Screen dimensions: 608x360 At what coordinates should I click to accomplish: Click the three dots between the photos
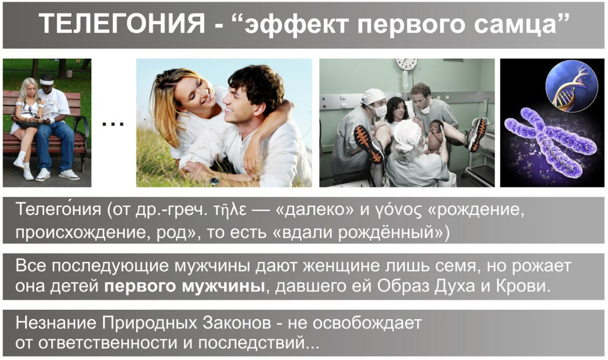(x=113, y=124)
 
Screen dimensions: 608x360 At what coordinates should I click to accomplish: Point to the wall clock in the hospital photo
(x=406, y=64)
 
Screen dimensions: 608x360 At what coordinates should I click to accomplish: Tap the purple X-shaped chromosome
(x=551, y=142)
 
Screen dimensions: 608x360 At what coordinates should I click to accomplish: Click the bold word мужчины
(x=224, y=287)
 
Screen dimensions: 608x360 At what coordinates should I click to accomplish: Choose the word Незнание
(x=56, y=323)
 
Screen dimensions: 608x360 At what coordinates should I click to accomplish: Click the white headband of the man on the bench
(x=47, y=82)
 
